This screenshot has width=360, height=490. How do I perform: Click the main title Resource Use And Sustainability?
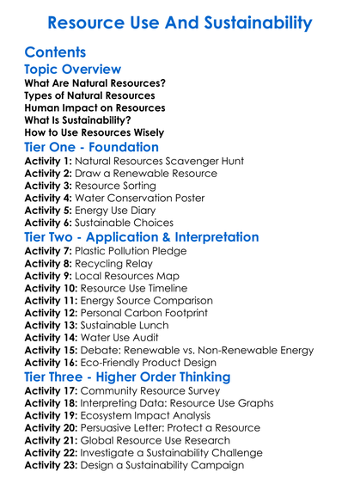point(180,22)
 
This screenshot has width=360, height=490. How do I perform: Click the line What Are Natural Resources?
point(95,84)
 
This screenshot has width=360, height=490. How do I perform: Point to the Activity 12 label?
point(53,315)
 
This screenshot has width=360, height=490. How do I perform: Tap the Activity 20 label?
point(53,427)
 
